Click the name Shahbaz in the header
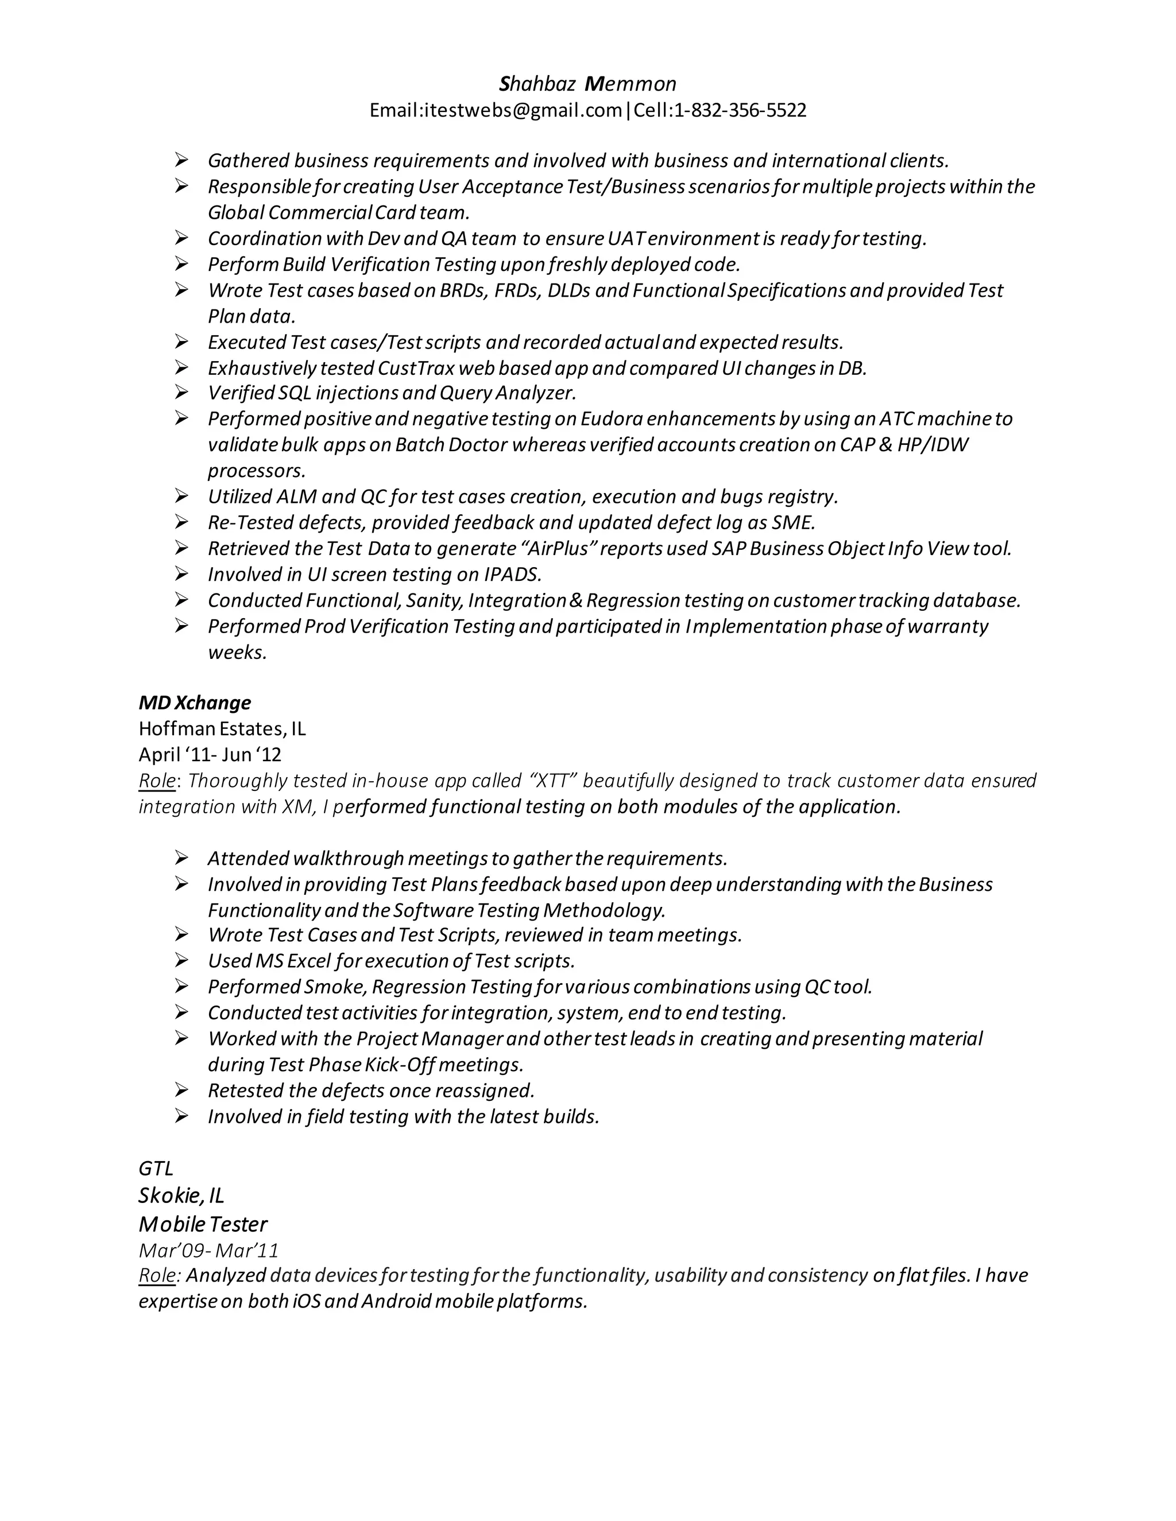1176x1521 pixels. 537,84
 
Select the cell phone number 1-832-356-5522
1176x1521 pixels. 740,110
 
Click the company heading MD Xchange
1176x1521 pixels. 195,703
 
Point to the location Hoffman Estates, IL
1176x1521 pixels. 222,728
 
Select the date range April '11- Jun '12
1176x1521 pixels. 210,755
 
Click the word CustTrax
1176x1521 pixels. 415,368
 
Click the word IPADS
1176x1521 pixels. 512,575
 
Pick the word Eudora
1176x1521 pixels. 611,419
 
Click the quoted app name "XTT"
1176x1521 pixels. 552,781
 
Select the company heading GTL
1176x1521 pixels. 156,1169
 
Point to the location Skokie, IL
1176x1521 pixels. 181,1196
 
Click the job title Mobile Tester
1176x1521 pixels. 203,1224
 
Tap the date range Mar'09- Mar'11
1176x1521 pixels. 208,1251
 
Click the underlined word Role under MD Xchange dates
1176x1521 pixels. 157,781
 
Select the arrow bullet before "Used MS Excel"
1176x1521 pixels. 181,961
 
